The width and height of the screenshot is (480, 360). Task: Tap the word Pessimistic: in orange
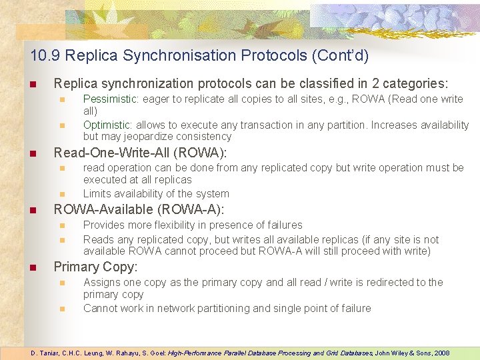110,99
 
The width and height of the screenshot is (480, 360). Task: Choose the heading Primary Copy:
95,267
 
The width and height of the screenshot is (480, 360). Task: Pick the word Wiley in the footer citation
391,353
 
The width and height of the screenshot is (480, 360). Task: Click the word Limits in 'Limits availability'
97,194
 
